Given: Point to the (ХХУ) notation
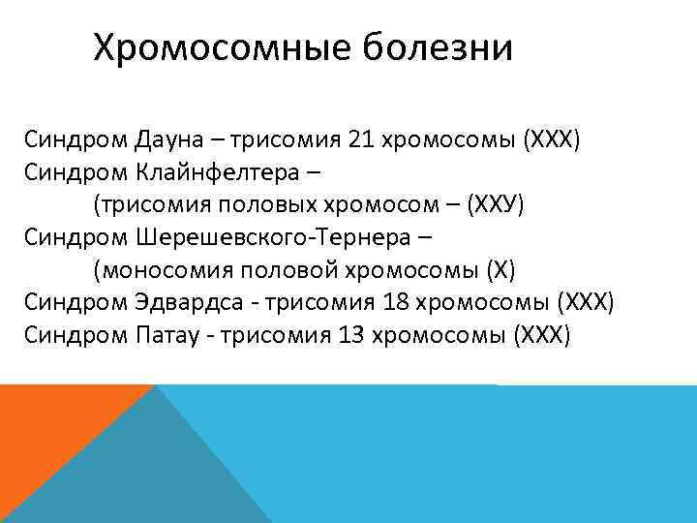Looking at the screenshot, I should pos(495,205).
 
